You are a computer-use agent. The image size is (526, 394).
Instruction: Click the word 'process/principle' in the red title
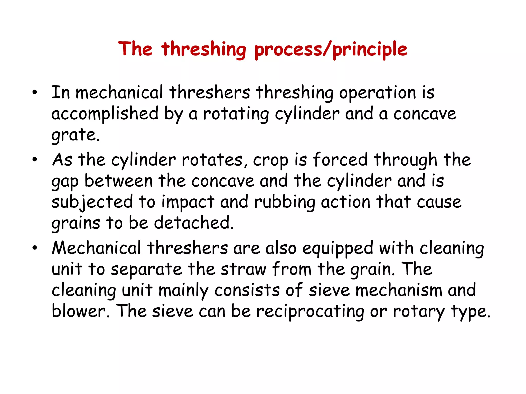[331, 49]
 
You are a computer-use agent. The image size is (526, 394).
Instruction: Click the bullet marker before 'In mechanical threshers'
[35, 92]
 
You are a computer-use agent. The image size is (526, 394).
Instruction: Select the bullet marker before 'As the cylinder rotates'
[35, 160]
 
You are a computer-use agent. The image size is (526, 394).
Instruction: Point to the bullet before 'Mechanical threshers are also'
[35, 248]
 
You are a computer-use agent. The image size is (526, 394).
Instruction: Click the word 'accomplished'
[105, 114]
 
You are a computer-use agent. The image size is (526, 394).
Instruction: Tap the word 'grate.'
[75, 135]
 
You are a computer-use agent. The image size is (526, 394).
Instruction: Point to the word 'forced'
[340, 160]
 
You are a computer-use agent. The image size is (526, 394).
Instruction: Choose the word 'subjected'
[92, 202]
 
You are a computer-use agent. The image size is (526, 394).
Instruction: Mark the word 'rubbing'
[285, 202]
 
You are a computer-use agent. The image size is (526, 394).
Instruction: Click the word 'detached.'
[194, 223]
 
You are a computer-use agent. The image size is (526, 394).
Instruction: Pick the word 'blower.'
[81, 311]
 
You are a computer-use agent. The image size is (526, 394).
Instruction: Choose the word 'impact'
[187, 202]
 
